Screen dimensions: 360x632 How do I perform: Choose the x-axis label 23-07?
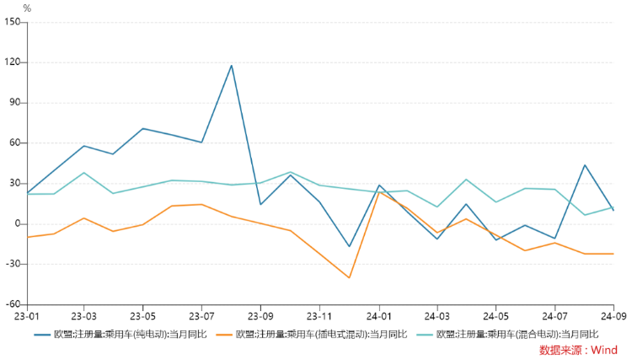click(201, 317)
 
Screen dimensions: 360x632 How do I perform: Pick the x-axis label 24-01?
click(378, 317)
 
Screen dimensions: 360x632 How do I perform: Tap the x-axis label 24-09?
click(613, 317)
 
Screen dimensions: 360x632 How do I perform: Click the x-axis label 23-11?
click(319, 317)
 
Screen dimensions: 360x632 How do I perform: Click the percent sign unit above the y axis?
click(27, 8)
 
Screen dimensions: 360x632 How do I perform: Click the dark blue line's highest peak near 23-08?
click(231, 65)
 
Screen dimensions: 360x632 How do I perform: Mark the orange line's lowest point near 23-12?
click(349, 277)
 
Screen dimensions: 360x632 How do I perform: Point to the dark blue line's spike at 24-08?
click(584, 165)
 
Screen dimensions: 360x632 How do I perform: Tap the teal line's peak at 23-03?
click(83, 173)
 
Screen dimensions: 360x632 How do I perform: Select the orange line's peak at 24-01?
click(378, 192)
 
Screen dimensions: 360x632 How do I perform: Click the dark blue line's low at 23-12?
click(349, 246)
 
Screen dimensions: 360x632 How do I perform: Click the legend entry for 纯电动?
click(123, 334)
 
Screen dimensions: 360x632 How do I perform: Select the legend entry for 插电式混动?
click(321, 334)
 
